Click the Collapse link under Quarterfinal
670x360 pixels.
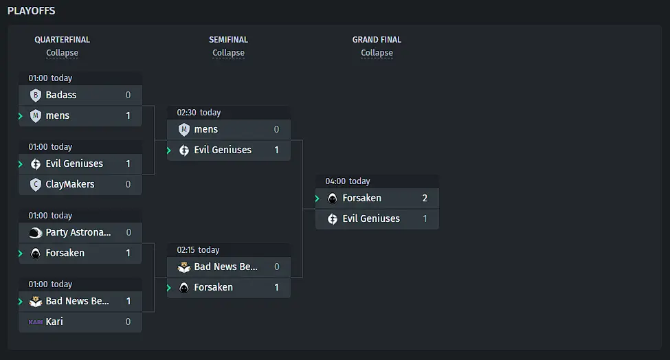coord(62,53)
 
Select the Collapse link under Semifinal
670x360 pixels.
coord(229,53)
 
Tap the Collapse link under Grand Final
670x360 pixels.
coord(377,53)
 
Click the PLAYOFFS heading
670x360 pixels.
coord(31,11)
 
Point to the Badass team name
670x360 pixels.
coord(61,95)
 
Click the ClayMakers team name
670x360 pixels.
coord(70,185)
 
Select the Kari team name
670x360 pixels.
coord(54,322)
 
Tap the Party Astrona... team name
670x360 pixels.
coord(78,232)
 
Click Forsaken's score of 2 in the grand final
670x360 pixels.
coord(425,198)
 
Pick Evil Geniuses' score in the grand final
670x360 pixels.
coord(425,218)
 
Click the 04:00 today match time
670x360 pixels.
coord(348,181)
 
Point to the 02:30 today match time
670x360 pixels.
coord(199,112)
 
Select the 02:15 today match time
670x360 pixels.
coord(198,250)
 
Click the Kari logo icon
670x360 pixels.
coord(36,322)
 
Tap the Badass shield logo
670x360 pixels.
coord(36,95)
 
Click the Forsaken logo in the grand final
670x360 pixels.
coord(332,198)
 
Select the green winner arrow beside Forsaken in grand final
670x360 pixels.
coord(317,198)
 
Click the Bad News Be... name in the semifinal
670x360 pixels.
coord(225,267)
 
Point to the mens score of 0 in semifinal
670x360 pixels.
coord(276,129)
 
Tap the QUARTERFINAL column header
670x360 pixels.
coord(62,40)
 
